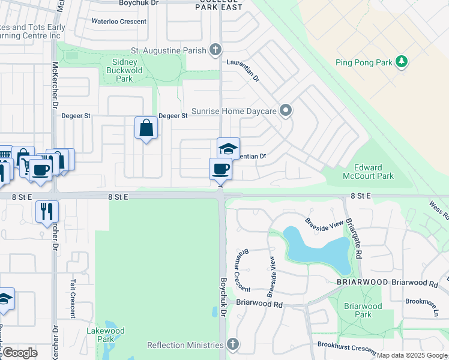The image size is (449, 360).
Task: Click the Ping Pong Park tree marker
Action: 402,61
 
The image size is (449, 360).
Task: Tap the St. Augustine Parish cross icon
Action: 215,50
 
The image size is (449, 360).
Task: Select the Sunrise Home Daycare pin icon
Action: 286,110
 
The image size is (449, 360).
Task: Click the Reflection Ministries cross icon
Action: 233,344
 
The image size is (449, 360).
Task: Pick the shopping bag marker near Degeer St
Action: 146,128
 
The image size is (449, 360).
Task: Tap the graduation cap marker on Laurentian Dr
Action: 228,149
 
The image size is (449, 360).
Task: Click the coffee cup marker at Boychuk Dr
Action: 220,169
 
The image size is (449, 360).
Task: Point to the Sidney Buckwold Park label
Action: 124,70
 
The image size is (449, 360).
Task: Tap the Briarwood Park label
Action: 363,310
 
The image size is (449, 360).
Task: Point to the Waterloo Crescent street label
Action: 119,22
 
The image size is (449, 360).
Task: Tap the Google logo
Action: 19,353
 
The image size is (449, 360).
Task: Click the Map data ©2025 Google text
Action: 412,355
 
